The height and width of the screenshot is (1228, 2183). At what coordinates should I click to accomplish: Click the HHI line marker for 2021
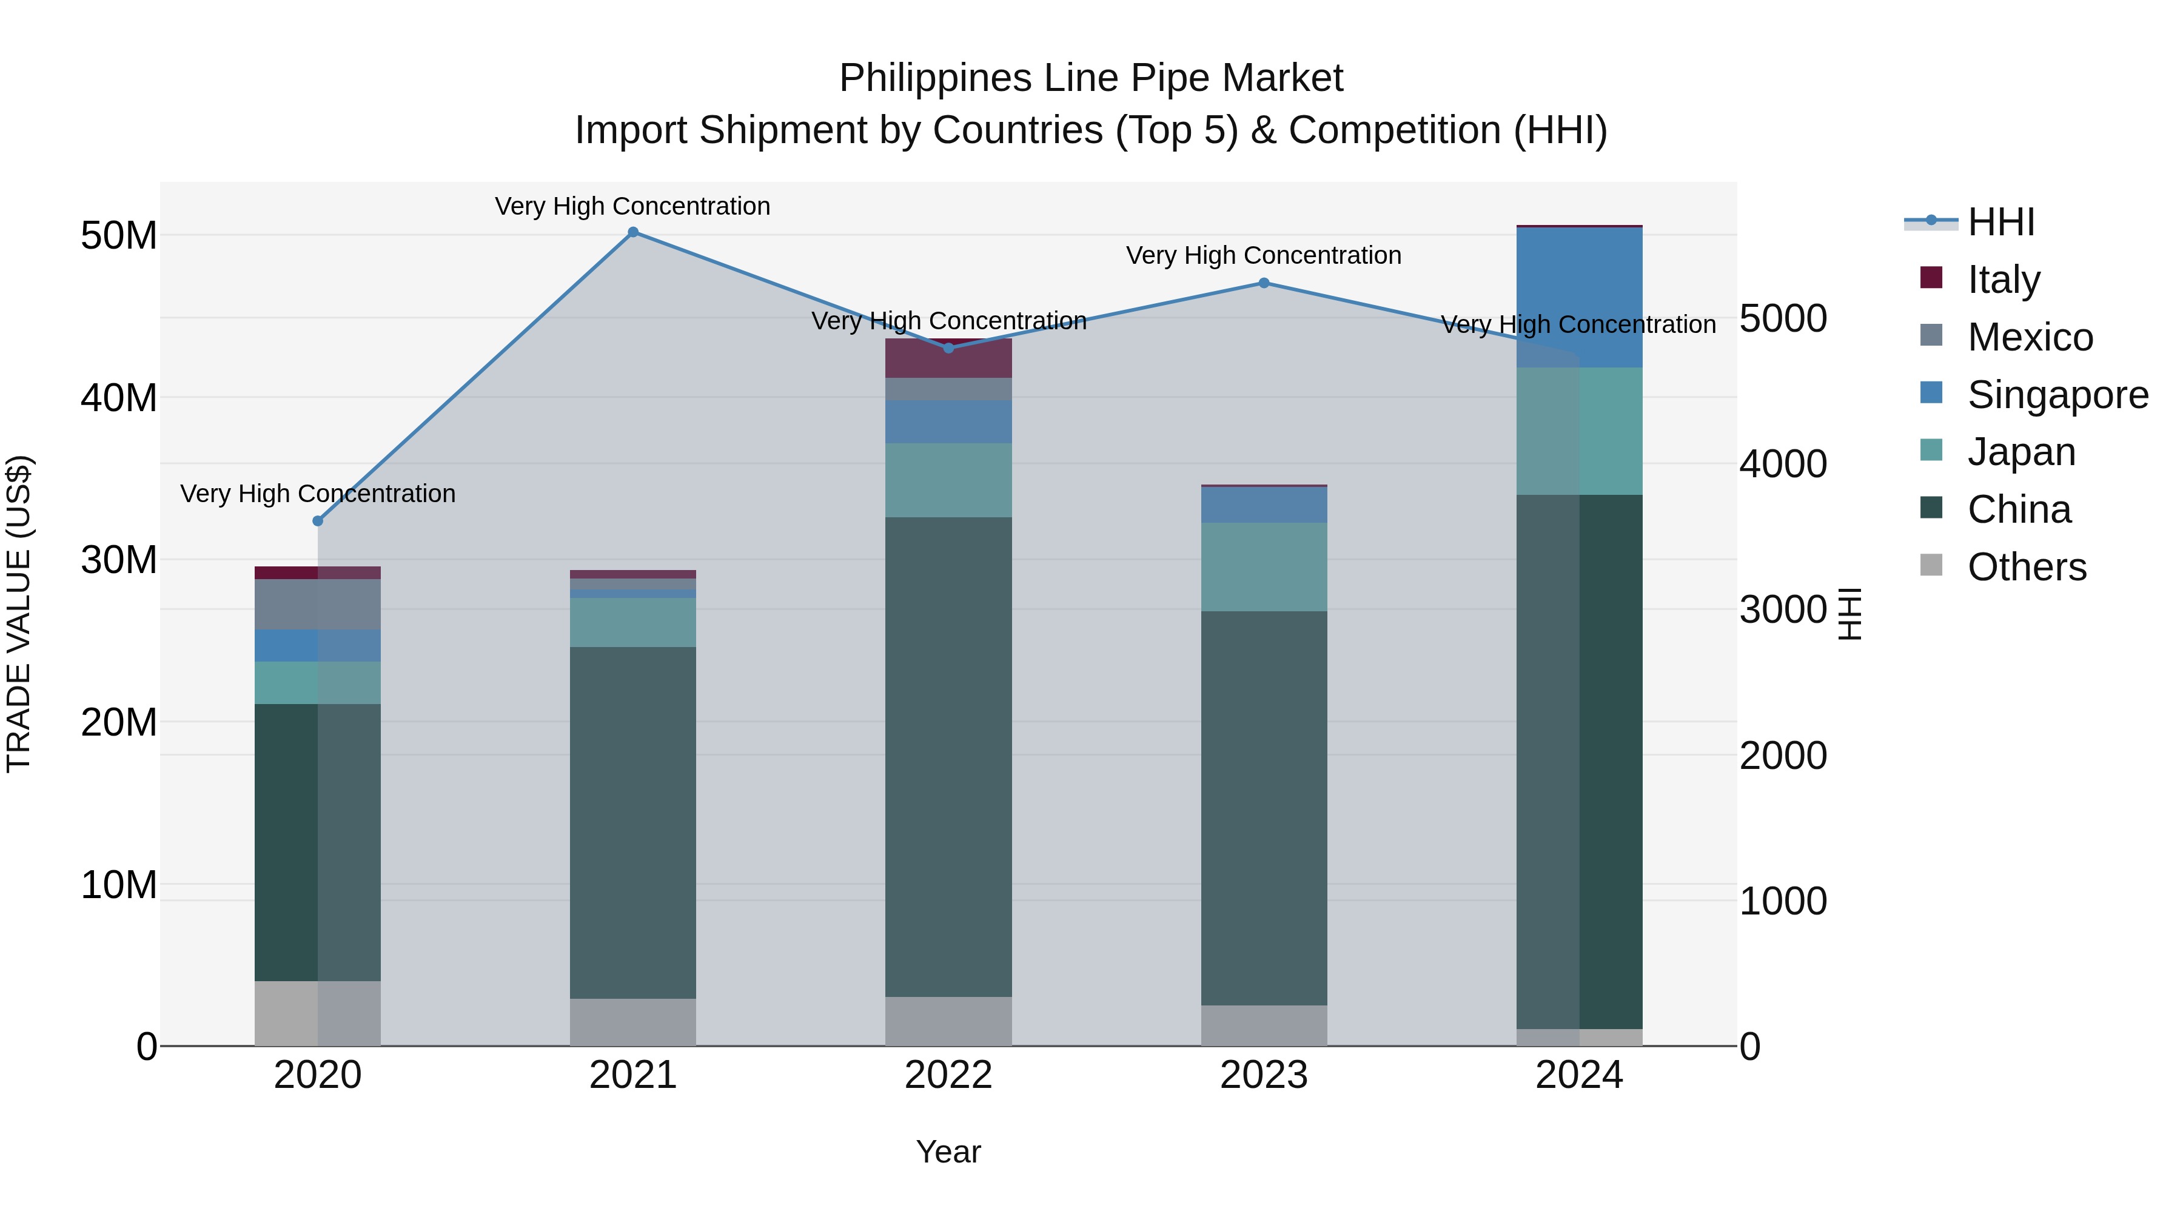tap(633, 232)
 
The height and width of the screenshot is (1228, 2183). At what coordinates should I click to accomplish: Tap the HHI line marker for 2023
tap(1264, 283)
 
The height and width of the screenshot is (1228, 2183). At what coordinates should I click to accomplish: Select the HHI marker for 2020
tap(318, 521)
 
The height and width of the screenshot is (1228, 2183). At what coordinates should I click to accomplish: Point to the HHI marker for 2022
tap(948, 348)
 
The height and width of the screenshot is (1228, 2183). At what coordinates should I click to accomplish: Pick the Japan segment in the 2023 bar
tap(1264, 567)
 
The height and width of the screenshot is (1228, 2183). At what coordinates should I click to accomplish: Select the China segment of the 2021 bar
tap(633, 822)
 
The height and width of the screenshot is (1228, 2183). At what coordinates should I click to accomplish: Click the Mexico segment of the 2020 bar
tap(318, 604)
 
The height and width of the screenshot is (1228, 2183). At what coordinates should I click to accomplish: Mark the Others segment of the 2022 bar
tap(948, 1021)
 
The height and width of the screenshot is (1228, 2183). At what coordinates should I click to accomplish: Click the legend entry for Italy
tap(2004, 280)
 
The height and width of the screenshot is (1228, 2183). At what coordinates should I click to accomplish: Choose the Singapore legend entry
tap(2057, 395)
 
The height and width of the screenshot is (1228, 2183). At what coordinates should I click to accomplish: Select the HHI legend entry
tap(2000, 222)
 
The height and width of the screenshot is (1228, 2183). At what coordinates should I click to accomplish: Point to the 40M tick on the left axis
tap(119, 397)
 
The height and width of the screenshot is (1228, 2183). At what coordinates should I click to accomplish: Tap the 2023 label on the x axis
tap(1264, 1075)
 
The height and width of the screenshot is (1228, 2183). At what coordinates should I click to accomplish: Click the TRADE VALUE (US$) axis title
tap(19, 614)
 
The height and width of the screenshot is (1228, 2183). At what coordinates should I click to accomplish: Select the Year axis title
tap(948, 1152)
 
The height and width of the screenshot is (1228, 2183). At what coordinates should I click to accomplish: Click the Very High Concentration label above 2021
tap(633, 206)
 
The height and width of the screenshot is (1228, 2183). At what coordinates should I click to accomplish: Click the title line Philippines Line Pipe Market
tap(1091, 78)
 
